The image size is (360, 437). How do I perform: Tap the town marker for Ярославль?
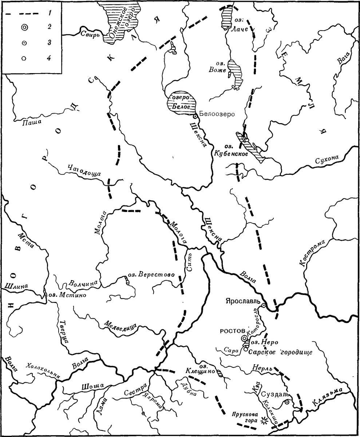click(x=264, y=304)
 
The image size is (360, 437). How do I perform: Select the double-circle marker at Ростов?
click(x=244, y=338)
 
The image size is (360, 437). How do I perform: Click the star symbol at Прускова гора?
click(x=264, y=421)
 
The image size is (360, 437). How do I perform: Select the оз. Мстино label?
click(x=67, y=295)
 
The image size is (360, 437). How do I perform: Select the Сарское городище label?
click(x=280, y=353)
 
